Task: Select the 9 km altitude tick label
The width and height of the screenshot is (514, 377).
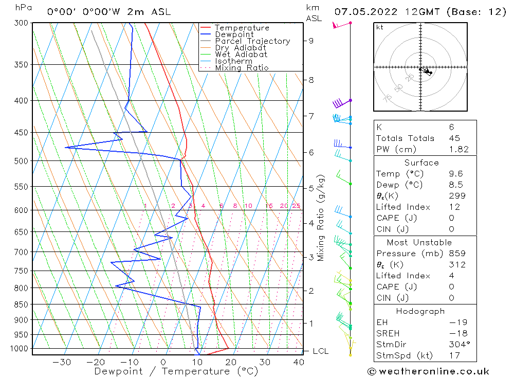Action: (311, 41)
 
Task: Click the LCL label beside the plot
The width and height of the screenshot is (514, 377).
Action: (321, 351)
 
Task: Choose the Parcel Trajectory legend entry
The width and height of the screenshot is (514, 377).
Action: (252, 41)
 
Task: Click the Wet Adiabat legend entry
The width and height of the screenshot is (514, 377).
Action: (241, 55)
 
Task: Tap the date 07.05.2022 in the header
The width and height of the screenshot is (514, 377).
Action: (363, 12)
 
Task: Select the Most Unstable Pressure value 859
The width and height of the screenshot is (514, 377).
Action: (457, 254)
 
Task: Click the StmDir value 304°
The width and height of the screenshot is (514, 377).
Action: (457, 345)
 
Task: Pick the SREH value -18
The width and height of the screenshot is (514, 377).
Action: (457, 333)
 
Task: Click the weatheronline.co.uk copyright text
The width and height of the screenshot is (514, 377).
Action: (428, 371)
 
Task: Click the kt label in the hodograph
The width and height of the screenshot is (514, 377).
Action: (380, 27)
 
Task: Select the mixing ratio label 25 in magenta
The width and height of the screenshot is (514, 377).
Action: (296, 206)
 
